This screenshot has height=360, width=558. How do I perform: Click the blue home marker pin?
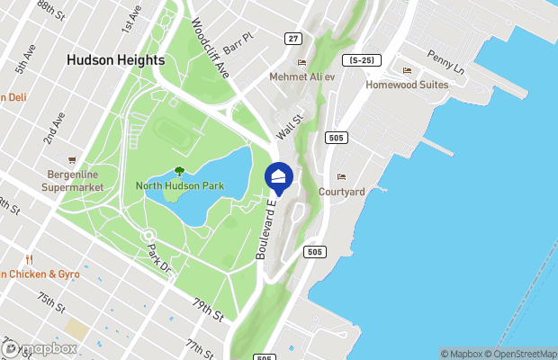(278, 176)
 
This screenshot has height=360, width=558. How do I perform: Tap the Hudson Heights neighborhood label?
(115, 60)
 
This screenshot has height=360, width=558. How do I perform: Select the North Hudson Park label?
(180, 186)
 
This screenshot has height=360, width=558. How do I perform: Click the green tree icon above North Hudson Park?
(179, 171)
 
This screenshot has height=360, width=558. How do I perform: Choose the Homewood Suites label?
(407, 85)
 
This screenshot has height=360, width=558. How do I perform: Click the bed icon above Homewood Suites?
(407, 70)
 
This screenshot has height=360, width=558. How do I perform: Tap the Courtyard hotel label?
(341, 192)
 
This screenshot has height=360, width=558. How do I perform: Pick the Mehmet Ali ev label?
(302, 76)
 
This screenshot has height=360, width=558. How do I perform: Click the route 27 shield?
(293, 38)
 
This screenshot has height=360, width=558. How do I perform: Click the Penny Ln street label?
(445, 62)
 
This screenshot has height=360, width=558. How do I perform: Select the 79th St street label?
(208, 311)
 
